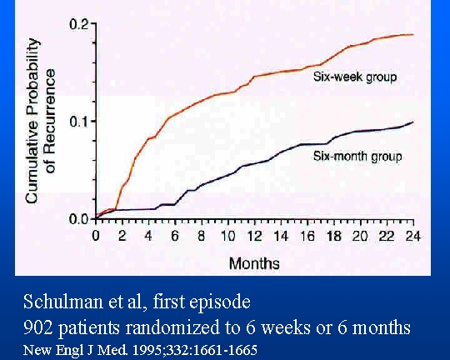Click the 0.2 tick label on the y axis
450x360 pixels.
click(78, 24)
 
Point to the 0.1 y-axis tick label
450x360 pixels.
click(78, 122)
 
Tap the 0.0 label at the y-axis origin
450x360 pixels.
click(78, 219)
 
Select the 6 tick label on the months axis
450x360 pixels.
click(175, 236)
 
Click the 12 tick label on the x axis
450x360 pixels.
click(254, 236)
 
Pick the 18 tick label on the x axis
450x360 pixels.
click(334, 236)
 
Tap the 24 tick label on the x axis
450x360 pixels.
click(413, 236)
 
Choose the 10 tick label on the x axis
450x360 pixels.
click(227, 236)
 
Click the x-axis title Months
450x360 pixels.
click(254, 263)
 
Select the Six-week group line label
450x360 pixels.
click(355, 77)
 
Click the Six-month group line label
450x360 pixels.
click(357, 157)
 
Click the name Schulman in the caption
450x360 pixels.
click(62, 302)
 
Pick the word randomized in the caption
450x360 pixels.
click(172, 327)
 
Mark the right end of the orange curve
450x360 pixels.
click(413, 35)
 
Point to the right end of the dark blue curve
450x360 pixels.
click(413, 122)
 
